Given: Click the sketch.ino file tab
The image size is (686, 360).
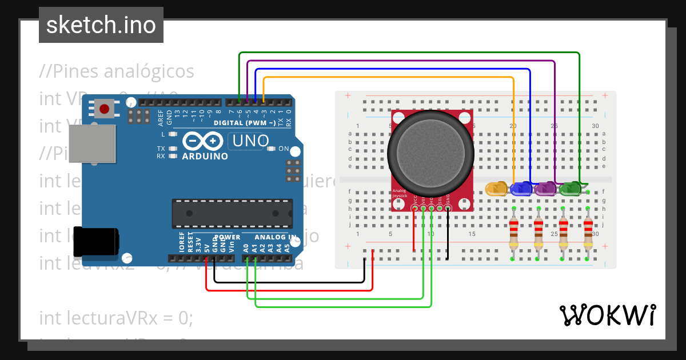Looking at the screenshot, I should point(101,25).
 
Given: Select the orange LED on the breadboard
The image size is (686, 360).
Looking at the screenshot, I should point(496,188).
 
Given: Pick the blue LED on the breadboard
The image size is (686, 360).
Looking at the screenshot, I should point(521,188).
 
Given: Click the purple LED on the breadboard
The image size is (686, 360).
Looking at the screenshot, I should point(546,188).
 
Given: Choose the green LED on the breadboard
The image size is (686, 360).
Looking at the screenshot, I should point(571,188).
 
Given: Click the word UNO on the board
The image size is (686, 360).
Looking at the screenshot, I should point(250,141).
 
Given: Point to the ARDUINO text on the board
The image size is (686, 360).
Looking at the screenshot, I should point(205,156).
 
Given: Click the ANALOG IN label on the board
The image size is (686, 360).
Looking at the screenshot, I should point(276,237).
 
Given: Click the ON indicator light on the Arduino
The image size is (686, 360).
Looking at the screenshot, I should point(271,149).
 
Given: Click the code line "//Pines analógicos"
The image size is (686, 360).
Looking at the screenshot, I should point(117,72).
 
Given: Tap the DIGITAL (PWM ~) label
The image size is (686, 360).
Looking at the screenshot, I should point(245,123).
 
